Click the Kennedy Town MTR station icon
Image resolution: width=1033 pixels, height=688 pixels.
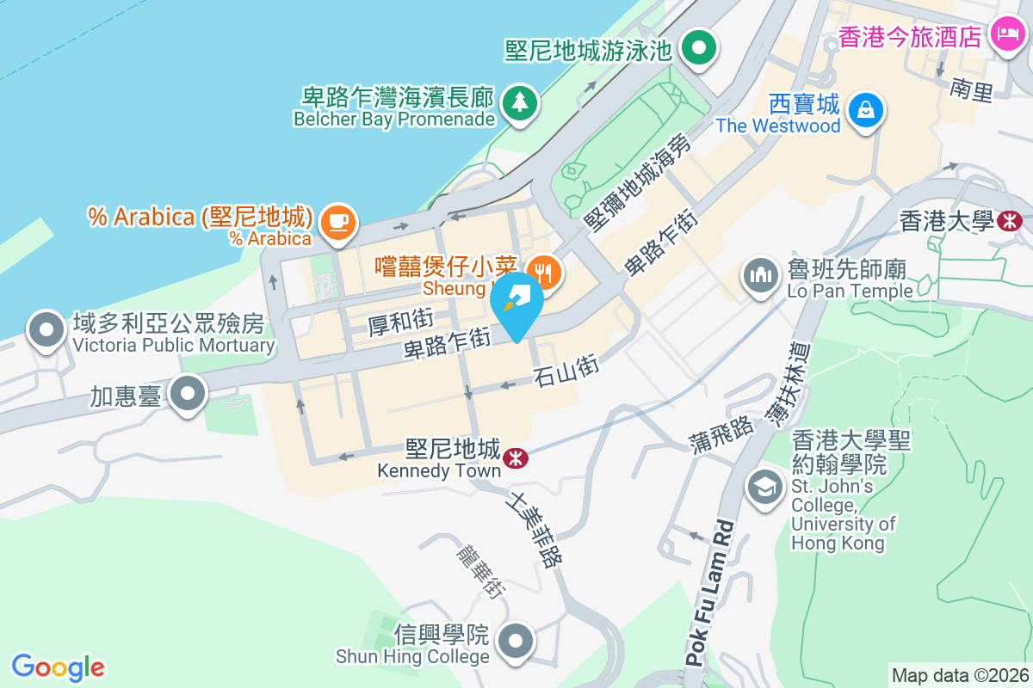point(516,458)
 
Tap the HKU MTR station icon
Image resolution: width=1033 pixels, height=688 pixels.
point(1008,221)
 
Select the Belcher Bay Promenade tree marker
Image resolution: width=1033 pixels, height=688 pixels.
point(519,103)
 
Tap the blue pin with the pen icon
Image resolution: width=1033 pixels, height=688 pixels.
point(516,304)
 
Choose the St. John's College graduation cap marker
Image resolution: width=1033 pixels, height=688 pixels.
point(764,488)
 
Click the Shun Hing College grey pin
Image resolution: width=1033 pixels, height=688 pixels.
point(516,642)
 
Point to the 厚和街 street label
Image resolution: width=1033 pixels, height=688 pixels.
point(400,323)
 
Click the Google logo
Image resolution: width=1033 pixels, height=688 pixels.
point(58,667)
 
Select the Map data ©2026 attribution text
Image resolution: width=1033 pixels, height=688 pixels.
point(960,675)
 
